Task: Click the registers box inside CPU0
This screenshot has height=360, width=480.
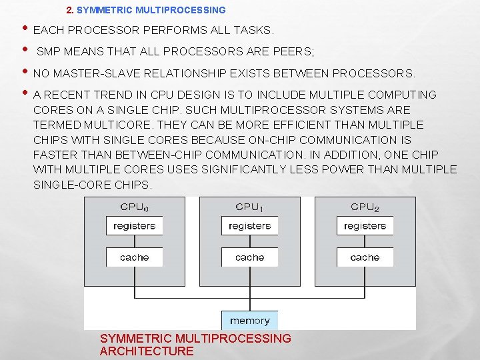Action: tap(134, 226)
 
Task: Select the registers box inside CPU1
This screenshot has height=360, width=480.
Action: tap(249, 226)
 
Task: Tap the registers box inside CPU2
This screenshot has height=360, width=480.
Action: tap(365, 226)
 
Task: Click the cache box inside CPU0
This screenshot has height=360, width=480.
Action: tap(134, 257)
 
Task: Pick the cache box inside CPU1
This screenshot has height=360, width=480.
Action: tap(249, 257)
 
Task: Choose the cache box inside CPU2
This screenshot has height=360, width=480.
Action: tap(365, 257)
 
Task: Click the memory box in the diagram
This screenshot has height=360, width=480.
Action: tap(249, 321)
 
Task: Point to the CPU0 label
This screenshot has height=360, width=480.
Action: tap(134, 207)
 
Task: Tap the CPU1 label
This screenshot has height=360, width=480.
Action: tap(249, 207)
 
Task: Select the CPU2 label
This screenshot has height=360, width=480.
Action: tap(365, 207)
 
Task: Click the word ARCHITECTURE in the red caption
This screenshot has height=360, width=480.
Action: tap(147, 351)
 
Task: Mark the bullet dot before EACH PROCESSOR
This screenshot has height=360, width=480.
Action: tap(24, 29)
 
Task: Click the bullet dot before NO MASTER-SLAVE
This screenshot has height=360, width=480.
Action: tap(24, 71)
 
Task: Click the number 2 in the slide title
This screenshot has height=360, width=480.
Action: tap(70, 10)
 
